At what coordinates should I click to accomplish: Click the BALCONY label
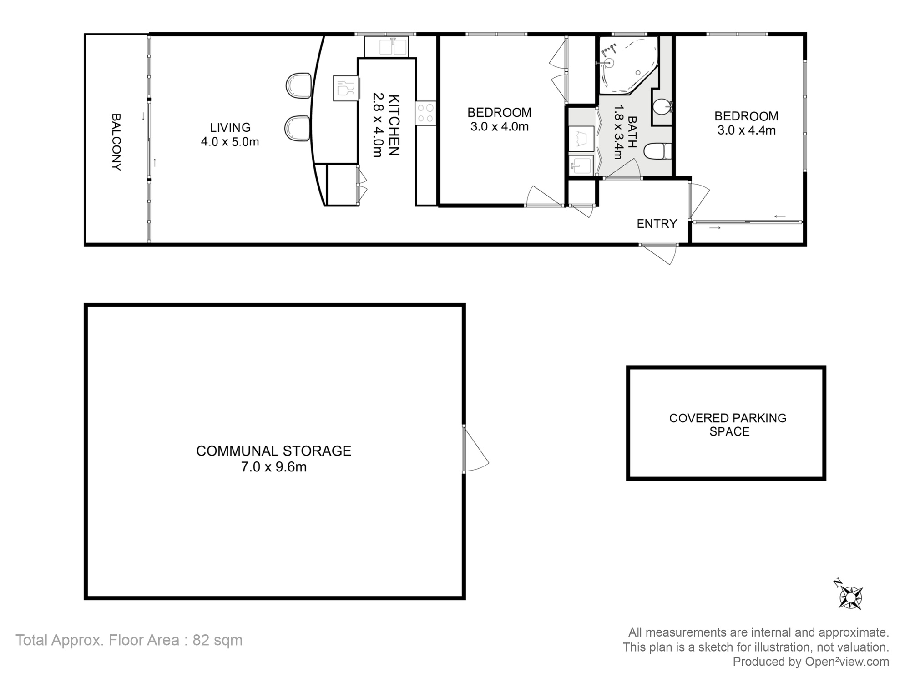click(x=116, y=142)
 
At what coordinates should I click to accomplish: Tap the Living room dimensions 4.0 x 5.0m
click(x=230, y=142)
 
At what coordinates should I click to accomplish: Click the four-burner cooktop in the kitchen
click(x=425, y=113)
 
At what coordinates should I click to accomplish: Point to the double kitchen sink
click(x=386, y=47)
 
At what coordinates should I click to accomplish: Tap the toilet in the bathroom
click(x=658, y=151)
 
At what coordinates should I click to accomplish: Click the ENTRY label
click(x=657, y=224)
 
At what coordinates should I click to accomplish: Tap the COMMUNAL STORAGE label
click(x=273, y=451)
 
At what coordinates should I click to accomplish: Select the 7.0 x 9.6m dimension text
click(x=273, y=467)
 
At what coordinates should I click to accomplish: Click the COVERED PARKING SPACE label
click(x=728, y=425)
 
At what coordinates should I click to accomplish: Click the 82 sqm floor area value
click(x=217, y=640)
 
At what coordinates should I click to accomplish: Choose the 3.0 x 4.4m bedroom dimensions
click(x=746, y=130)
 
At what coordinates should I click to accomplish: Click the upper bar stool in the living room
click(x=298, y=85)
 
